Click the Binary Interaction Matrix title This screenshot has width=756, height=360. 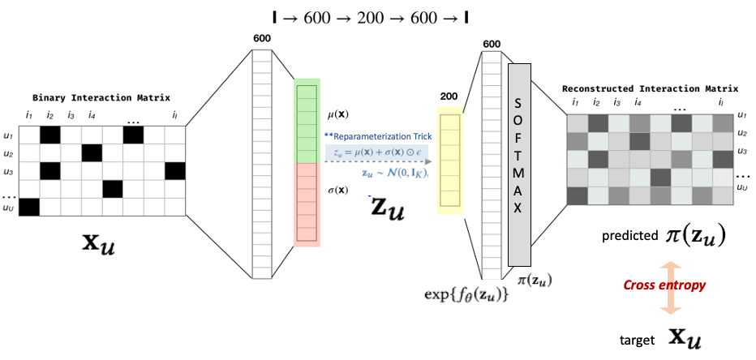101,98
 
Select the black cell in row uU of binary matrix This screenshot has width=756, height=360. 29,208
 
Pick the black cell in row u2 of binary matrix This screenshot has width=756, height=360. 92,153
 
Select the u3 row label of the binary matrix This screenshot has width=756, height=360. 9,171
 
